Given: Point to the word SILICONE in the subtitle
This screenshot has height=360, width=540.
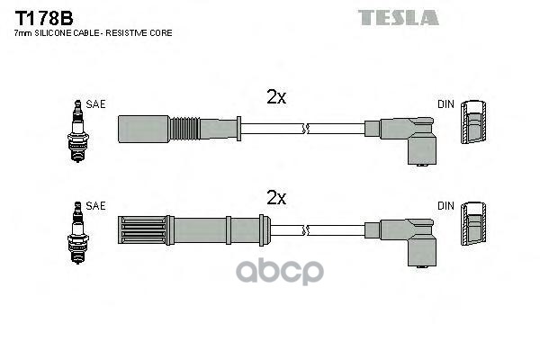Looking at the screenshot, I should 59,33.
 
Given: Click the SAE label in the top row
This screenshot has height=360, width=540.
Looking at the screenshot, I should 96,104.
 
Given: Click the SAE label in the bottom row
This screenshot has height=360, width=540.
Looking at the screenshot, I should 96,207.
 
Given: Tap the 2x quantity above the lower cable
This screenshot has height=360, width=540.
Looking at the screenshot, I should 275,197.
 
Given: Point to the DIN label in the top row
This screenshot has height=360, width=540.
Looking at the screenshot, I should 445,104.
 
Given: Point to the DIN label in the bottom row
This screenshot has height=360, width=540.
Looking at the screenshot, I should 445,207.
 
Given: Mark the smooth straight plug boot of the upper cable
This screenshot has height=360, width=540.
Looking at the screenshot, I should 143,128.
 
